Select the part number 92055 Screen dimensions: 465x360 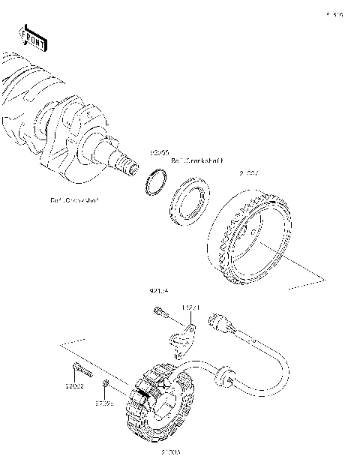(158, 151)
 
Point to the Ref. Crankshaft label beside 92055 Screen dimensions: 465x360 (193, 160)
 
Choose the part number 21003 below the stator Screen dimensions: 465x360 (172, 453)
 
